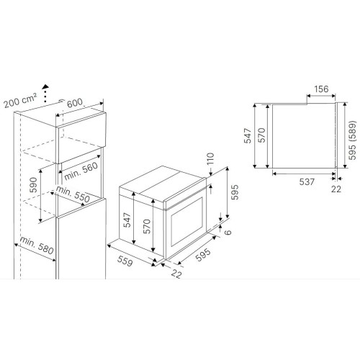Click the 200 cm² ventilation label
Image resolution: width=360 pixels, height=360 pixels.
coord(21,100)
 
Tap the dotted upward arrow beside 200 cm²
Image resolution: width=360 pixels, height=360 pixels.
coord(45,94)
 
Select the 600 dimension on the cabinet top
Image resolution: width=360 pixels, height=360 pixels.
coord(75,103)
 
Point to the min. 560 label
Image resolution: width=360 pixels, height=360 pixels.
coord(81,171)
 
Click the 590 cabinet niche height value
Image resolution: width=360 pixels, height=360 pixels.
coord(34,185)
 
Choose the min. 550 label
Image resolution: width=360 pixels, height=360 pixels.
coord(73,194)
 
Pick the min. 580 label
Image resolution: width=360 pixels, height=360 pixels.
coord(37,246)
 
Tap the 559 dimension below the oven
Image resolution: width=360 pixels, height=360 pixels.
coord(125,261)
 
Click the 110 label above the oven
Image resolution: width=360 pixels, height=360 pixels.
coord(210,158)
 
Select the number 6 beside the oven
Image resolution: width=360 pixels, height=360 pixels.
coord(228,232)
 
